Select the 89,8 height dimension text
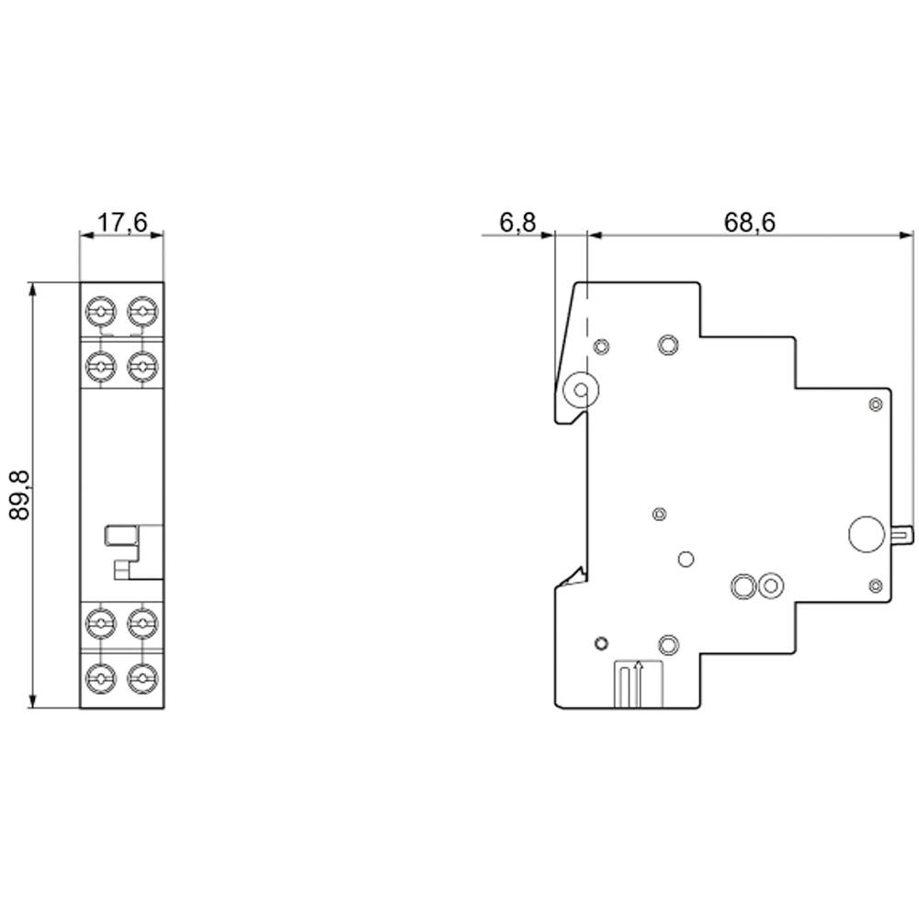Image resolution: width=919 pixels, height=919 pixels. point(20,495)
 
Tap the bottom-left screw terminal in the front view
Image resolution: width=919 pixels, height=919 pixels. point(99,679)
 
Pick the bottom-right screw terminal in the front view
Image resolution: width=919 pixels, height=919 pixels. point(141,679)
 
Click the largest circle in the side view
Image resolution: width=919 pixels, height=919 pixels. point(865,535)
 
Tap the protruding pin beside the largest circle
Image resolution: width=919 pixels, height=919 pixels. point(902,535)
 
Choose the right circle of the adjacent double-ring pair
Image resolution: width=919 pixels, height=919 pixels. point(770,584)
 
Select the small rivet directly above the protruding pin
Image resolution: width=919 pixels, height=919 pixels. point(875,403)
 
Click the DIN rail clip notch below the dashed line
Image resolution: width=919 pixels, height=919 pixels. point(574,578)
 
